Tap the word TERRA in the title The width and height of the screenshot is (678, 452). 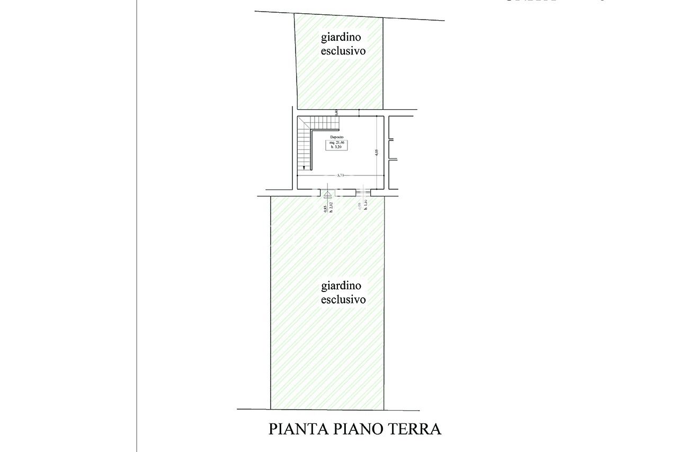415,429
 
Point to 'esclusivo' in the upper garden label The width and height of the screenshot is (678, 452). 343,51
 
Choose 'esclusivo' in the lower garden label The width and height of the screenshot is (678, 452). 343,299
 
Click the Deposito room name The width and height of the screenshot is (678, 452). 337,137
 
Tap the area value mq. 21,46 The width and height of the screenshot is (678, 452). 337,143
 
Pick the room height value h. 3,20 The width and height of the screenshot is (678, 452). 337,147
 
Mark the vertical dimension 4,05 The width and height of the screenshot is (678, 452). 377,152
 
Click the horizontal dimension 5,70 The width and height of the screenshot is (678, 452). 341,175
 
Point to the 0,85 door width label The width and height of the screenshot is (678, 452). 325,209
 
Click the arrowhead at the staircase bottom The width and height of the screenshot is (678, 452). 304,169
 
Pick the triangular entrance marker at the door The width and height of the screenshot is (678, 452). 327,193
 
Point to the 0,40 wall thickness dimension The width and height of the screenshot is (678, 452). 336,112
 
